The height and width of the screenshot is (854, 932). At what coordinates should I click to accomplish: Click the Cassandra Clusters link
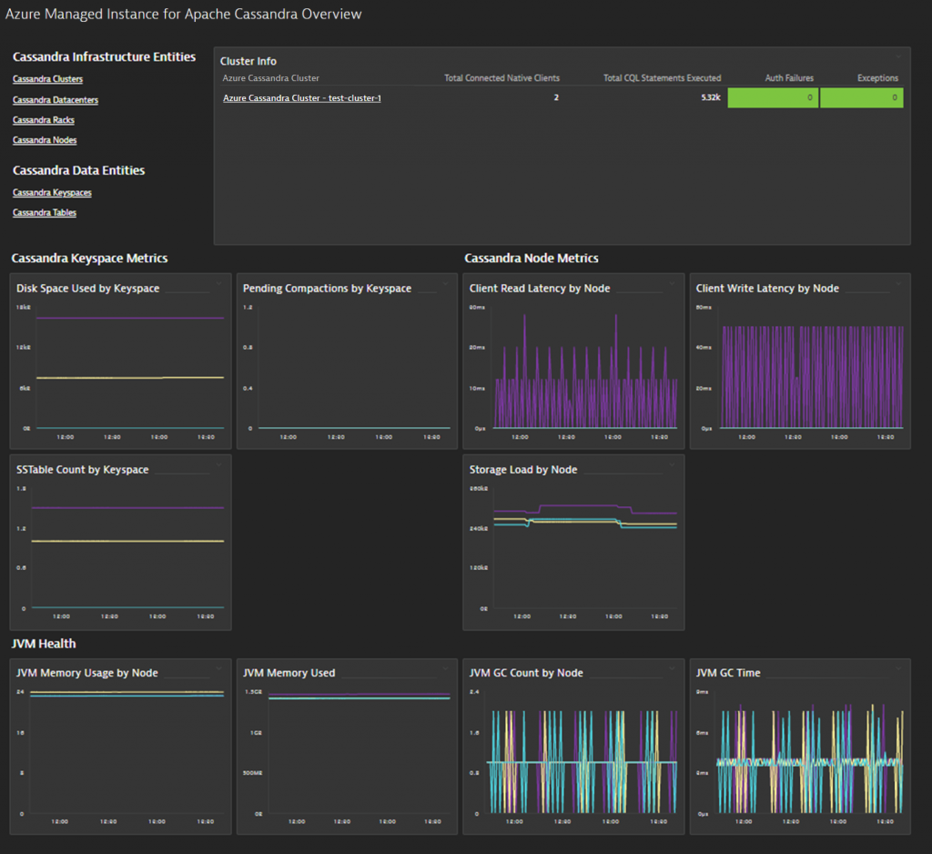47,80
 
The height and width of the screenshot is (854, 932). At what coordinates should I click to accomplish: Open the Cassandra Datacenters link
56,100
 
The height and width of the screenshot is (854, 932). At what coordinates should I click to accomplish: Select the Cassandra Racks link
44,120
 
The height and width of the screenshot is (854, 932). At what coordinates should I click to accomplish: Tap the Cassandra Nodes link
45,140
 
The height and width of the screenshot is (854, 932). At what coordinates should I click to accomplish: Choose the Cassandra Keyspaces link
52,193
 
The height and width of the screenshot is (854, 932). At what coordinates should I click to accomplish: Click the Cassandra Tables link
45,213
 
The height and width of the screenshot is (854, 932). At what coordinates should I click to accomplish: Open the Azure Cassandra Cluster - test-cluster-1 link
301,98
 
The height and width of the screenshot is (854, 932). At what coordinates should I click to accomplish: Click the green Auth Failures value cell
773,98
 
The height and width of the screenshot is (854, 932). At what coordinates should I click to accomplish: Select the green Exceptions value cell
861,98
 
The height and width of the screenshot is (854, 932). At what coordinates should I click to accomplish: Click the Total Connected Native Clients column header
501,78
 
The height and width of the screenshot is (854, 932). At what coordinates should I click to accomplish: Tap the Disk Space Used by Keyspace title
87,289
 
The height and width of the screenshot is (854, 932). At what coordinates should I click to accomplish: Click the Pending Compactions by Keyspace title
327,289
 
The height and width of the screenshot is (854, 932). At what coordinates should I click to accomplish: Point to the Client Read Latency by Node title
540,289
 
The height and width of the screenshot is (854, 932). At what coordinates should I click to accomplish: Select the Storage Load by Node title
523,470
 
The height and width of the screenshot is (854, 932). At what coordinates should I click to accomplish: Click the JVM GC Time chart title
728,674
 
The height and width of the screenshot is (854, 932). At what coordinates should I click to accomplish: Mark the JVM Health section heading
44,644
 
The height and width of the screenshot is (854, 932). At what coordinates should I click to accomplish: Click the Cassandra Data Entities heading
78,170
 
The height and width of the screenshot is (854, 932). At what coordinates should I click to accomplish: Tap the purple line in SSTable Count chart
127,508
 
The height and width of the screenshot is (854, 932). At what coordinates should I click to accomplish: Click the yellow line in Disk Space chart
127,378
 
